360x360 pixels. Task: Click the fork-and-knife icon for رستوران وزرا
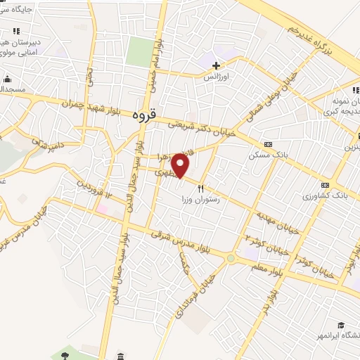coord(201,189)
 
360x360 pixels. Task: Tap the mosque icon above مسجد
coord(7,78)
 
